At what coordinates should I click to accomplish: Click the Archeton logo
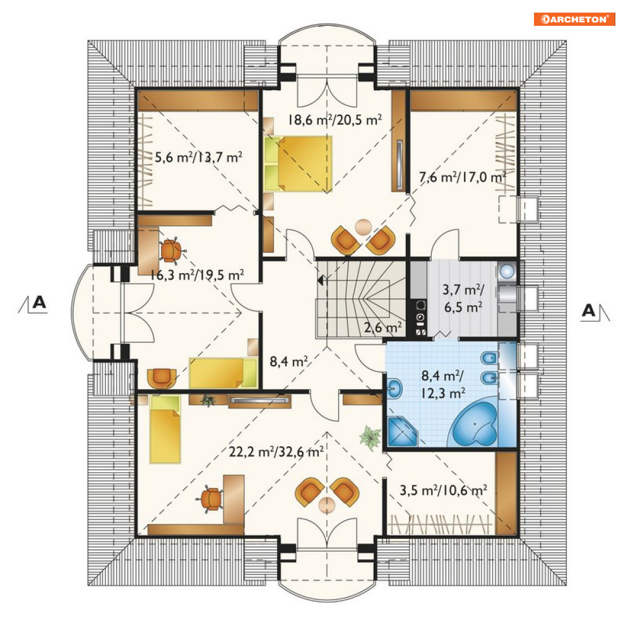574,19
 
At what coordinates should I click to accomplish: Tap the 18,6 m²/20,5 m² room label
335,120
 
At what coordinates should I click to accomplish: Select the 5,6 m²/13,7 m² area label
198,157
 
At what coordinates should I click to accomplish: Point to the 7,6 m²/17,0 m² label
463,177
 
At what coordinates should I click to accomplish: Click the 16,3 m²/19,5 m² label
197,275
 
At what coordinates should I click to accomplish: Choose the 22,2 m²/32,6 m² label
276,451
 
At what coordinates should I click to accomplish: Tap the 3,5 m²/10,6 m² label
443,490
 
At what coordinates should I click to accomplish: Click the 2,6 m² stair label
383,328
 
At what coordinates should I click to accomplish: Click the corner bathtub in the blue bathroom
475,424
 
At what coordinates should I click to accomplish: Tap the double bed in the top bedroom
298,164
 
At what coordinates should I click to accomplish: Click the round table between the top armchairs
363,227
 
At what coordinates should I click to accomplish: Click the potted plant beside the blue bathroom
370,438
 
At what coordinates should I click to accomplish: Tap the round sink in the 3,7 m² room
507,272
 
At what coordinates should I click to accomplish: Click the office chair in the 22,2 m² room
211,498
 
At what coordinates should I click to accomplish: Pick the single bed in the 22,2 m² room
165,429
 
